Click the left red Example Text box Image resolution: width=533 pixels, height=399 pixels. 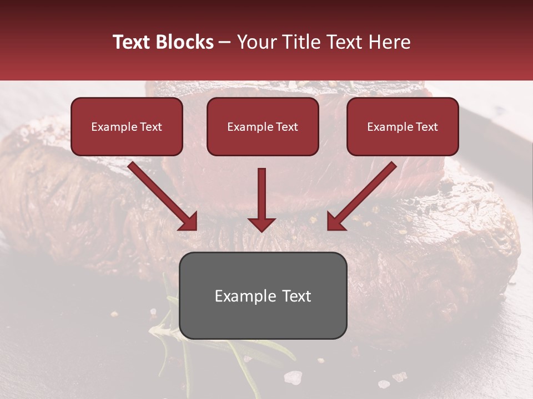coord(127,127)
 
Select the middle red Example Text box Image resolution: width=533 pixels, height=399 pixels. coord(263,127)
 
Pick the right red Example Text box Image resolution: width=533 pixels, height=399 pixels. coord(403,127)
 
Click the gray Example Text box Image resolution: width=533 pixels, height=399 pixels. coord(263,296)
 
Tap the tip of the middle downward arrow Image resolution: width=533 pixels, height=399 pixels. coord(262,230)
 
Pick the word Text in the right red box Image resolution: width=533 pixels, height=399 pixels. coord(426,127)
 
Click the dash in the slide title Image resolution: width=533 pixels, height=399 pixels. coord(225,43)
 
